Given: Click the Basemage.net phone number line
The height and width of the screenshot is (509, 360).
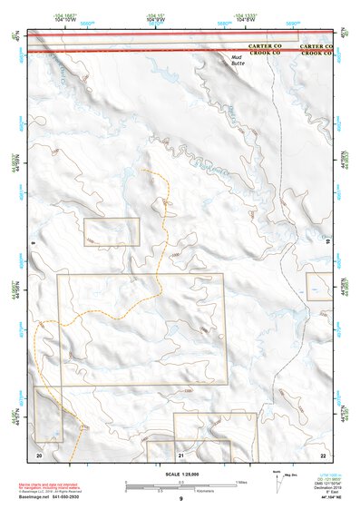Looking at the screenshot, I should [x=49, y=498].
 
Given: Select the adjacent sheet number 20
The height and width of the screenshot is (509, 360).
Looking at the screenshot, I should [x=39, y=453].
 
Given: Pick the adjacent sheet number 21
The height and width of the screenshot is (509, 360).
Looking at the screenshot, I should [x=181, y=453].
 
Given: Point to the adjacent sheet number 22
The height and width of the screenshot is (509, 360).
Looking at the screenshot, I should [x=323, y=453].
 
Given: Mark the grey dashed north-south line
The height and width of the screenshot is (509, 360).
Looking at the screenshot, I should [x=279, y=181].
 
